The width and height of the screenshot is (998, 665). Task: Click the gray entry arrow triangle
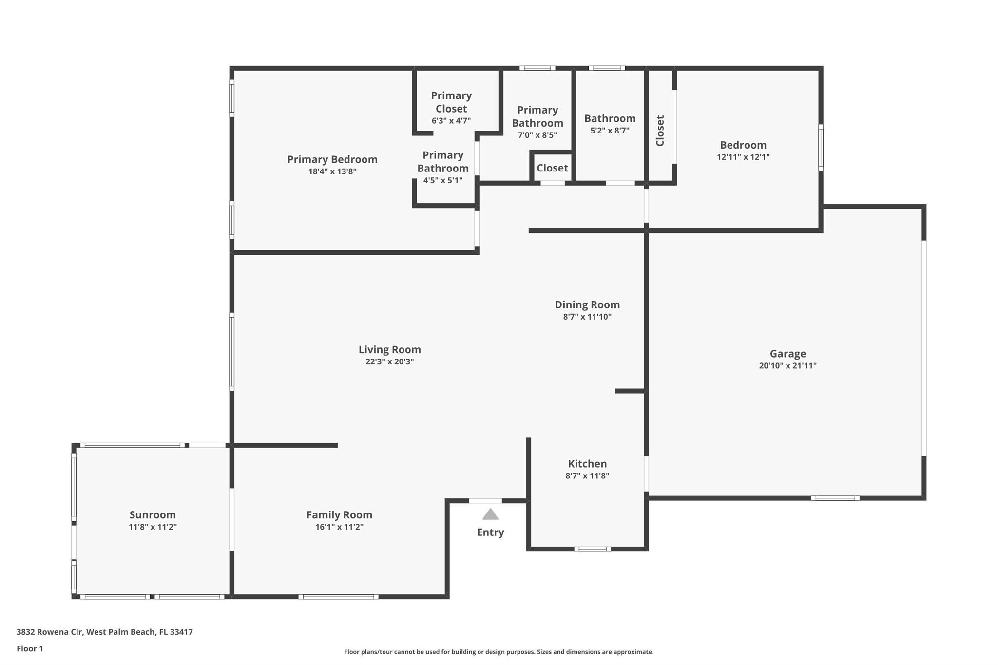(490, 514)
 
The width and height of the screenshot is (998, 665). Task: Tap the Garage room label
(787, 354)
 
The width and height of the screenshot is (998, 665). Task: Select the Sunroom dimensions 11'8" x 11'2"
(153, 527)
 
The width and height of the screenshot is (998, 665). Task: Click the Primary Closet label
(451, 102)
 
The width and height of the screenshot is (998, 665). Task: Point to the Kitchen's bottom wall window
(592, 549)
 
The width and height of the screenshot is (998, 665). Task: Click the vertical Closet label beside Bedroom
(660, 131)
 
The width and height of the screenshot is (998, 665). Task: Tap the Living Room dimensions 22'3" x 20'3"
(389, 361)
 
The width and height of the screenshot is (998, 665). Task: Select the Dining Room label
(587, 304)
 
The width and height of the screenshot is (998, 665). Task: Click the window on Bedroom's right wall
(821, 148)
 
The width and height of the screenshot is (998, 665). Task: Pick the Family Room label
(339, 514)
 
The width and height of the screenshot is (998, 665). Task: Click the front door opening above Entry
(485, 501)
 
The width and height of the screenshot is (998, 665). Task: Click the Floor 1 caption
(30, 648)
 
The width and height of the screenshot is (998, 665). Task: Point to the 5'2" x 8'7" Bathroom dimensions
(610, 131)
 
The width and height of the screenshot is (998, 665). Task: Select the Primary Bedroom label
(332, 159)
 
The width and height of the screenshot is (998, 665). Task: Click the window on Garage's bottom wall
(835, 498)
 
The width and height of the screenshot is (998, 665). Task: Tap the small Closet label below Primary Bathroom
(552, 168)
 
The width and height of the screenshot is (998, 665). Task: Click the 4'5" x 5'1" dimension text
(442, 180)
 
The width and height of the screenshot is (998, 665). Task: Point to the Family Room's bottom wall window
(338, 597)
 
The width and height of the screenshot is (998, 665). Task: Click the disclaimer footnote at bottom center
(499, 652)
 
